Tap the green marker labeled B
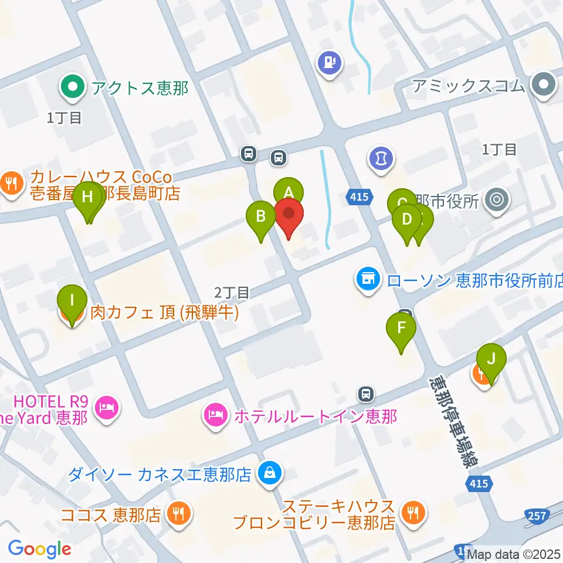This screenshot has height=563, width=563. coord(262,216)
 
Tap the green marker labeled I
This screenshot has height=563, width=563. coord(72,301)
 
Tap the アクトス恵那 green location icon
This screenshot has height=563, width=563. coord(72,89)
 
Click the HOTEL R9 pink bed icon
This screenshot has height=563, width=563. coord(106,406)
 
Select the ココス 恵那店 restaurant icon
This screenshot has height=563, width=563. coord(178,514)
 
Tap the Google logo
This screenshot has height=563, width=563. coord(39,550)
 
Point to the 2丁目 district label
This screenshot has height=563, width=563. coord(232,291)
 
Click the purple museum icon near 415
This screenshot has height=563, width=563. coord(381,158)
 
